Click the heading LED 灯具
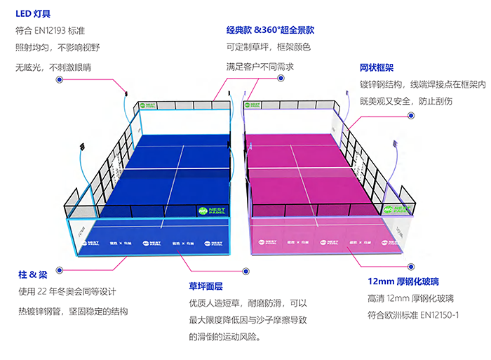click(33, 13)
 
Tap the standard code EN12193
click(58, 31)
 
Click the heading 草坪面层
click(206, 286)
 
